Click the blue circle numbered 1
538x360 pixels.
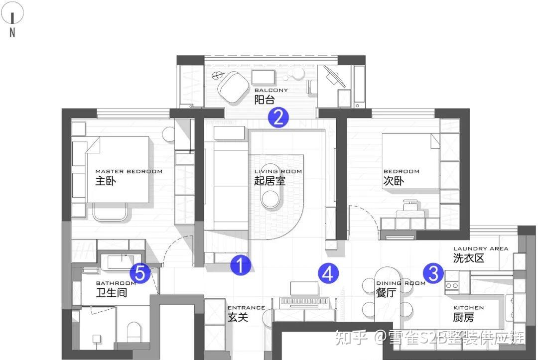coord(241,265)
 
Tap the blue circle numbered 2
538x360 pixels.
coord(278,117)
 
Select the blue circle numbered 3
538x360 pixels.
coord(433,273)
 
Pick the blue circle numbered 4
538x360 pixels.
coord(328,273)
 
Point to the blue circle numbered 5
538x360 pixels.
coord(140,273)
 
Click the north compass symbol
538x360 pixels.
coord(12,19)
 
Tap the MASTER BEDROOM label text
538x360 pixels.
coord(129,171)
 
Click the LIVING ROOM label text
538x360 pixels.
coord(278,171)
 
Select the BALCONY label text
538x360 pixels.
coord(271,91)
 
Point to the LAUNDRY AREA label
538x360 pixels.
coord(481,248)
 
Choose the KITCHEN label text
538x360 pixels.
coord(468,308)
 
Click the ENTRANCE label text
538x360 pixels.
coord(247,308)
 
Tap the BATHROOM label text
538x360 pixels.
coord(116,283)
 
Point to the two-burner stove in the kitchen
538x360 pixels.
coord(452,285)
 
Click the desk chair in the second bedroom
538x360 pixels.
coord(410,208)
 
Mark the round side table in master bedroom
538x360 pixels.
coord(169,134)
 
